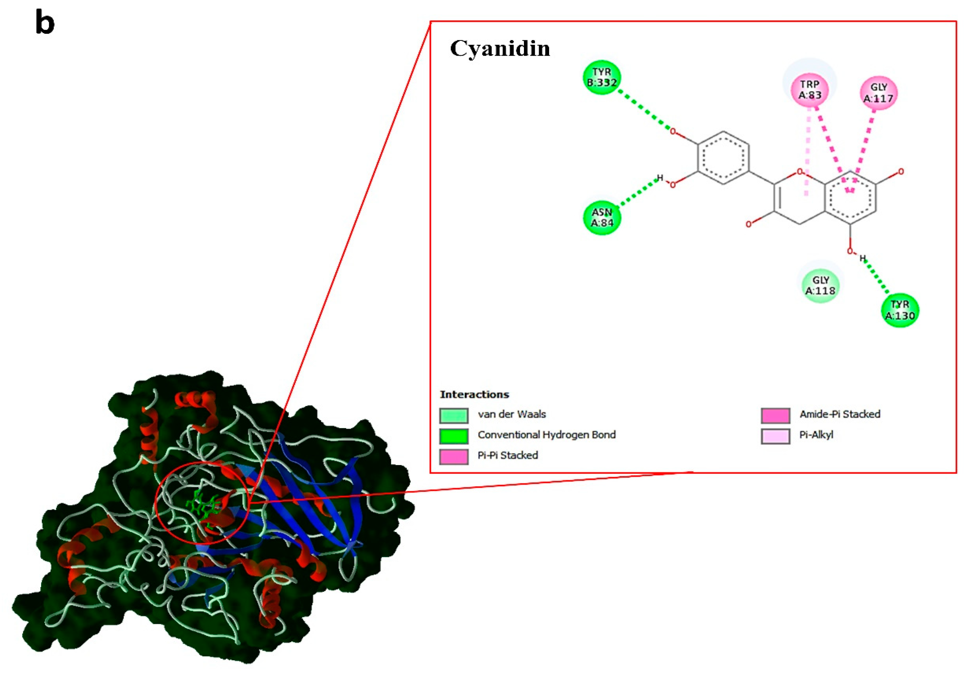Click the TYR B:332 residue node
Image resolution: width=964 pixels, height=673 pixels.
click(602, 77)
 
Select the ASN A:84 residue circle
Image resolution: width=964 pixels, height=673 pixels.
click(602, 217)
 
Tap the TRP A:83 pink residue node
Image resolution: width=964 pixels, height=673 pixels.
click(809, 90)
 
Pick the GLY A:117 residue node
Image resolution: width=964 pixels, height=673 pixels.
click(878, 92)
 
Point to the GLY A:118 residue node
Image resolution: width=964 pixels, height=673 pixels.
click(820, 285)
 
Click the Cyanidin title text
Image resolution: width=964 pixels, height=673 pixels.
click(500, 48)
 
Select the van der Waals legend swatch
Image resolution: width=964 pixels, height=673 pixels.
click(454, 415)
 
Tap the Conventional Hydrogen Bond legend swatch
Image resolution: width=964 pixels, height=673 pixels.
click(454, 436)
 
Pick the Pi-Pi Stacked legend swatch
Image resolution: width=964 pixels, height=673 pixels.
click(454, 456)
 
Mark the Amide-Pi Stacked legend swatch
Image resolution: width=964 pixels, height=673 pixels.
click(775, 415)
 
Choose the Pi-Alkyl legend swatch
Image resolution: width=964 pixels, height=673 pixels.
click(775, 436)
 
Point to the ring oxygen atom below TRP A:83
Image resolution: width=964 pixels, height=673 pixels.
click(799, 172)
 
